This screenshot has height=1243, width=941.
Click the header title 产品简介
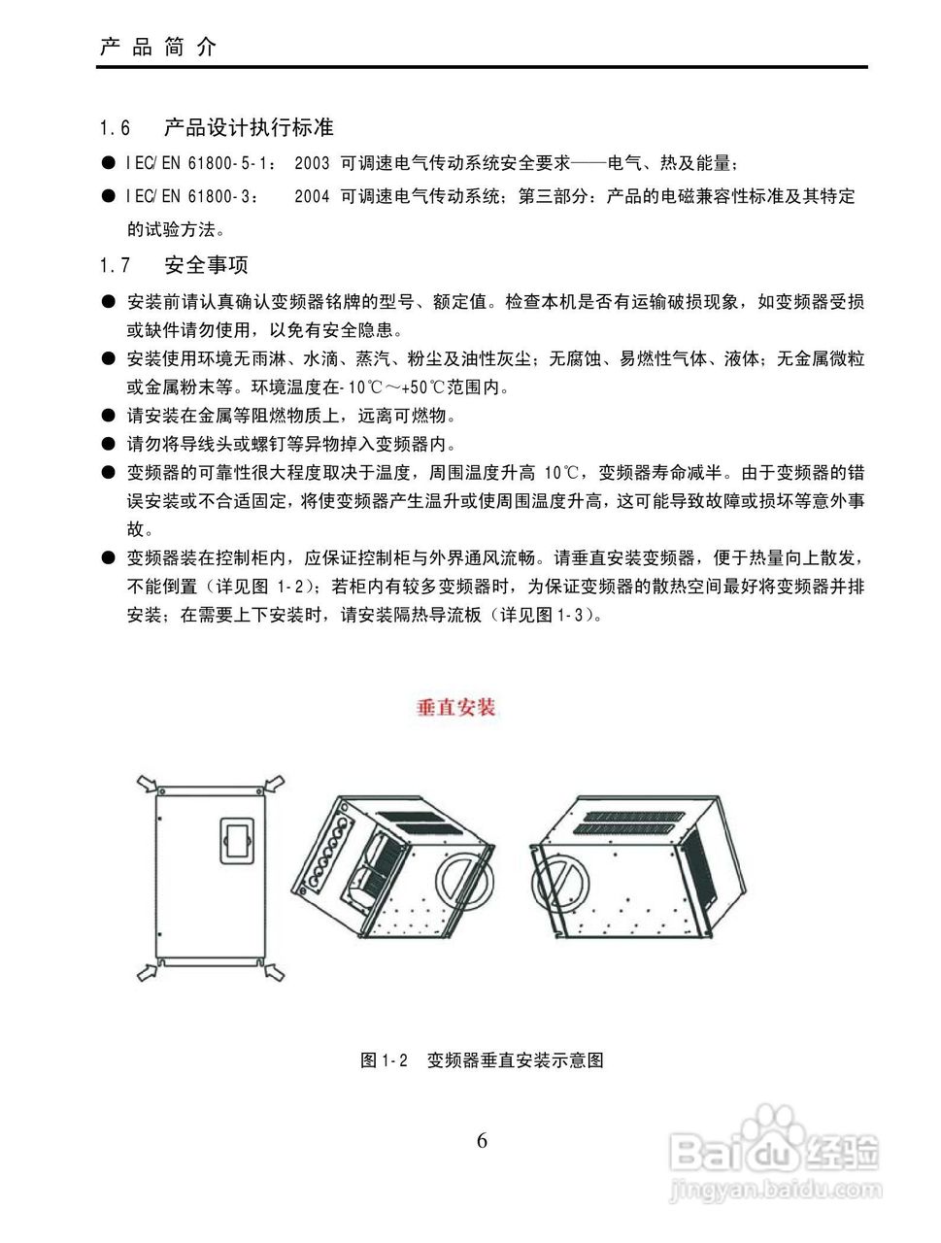tap(158, 47)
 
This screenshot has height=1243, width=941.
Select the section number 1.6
tap(115, 128)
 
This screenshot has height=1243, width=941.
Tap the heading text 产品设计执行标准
tap(249, 127)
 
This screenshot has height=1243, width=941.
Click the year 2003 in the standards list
tap(312, 164)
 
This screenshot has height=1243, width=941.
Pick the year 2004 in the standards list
tap(312, 196)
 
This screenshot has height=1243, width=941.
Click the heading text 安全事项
tap(206, 265)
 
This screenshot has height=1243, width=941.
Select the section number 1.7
tap(115, 265)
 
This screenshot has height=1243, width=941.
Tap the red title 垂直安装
tap(455, 707)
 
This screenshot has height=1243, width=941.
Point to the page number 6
tap(482, 1140)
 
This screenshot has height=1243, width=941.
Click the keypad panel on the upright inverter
tap(236, 843)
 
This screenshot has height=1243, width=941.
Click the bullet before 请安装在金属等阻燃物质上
tap(108, 417)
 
